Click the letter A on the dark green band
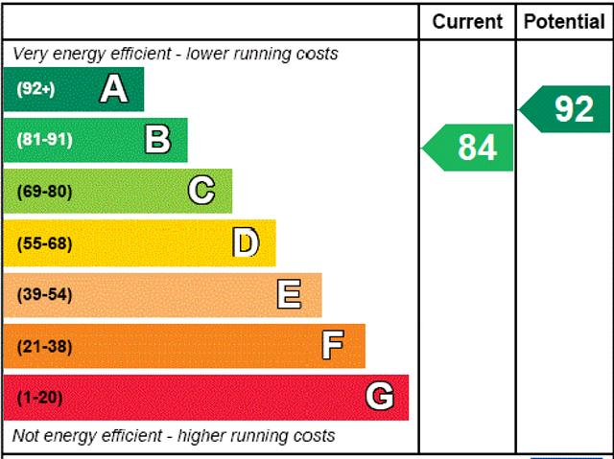pyautogui.click(x=113, y=89)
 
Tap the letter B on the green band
pyautogui.click(x=157, y=140)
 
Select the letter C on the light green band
pyautogui.click(x=201, y=191)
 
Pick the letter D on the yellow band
pyautogui.click(x=246, y=242)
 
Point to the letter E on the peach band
pyautogui.click(x=289, y=294)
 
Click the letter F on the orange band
pyautogui.click(x=333, y=346)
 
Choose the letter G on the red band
pyautogui.click(x=380, y=397)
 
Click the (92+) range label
pyautogui.click(x=35, y=89)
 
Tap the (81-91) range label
pyautogui.click(x=44, y=140)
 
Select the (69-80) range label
pyautogui.click(x=44, y=191)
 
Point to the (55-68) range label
pyautogui.click(x=44, y=242)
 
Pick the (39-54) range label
pyautogui.click(x=44, y=294)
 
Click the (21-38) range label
pyautogui.click(x=44, y=346)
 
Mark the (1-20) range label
pyautogui.click(x=39, y=397)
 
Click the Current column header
pyautogui.click(x=467, y=21)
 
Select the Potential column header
pyautogui.click(x=565, y=21)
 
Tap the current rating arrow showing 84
pyautogui.click(x=469, y=148)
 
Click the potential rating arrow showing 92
pyautogui.click(x=567, y=109)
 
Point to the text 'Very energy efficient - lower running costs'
pyautogui.click(x=176, y=54)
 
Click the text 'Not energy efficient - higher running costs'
pyautogui.click(x=175, y=436)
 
